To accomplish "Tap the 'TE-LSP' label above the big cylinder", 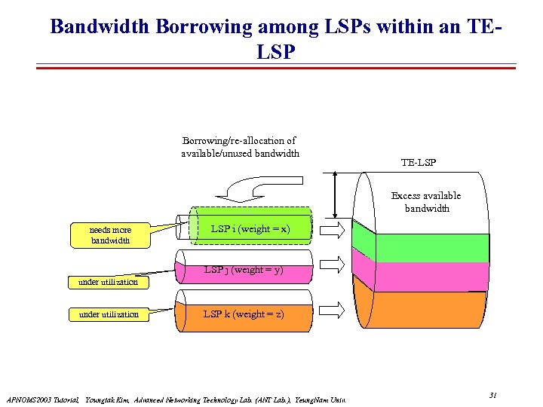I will point(418,162).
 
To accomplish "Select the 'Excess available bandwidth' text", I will point(425,202).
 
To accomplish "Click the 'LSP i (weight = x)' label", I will point(250,228).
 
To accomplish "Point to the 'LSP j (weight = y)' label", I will point(244,269).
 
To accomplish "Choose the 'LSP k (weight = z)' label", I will point(244,314).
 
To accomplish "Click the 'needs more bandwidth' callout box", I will point(110,235).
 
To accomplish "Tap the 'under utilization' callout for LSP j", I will point(109,282).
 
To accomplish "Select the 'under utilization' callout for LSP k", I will point(109,314).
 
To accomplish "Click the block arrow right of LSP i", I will point(333,229).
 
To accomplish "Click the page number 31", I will point(492,395).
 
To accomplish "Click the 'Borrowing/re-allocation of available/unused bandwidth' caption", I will point(240,147).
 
